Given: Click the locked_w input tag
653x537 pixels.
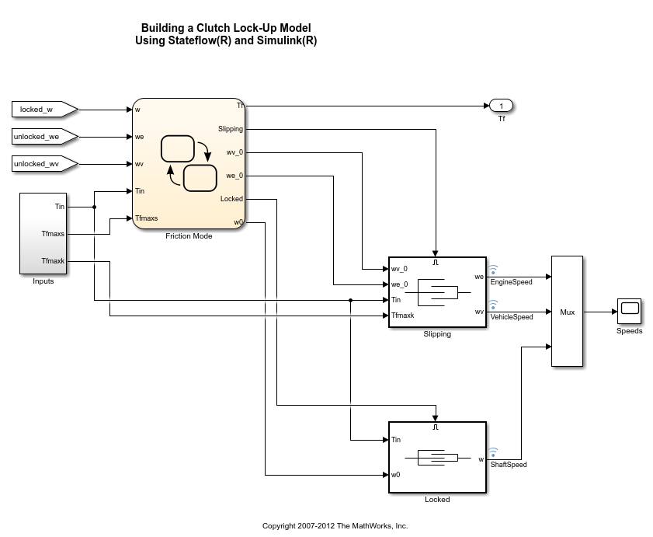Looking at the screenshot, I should click(x=43, y=110).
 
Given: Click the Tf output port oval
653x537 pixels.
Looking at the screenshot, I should click(x=502, y=106).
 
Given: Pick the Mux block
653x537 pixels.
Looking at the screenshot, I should click(x=567, y=311).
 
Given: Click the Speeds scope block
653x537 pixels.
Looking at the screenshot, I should click(x=629, y=311).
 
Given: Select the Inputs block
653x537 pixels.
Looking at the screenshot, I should click(x=43, y=233).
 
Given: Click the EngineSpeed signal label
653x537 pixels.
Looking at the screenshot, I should click(x=512, y=282).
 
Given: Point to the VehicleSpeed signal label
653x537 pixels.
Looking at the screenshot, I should click(x=512, y=317).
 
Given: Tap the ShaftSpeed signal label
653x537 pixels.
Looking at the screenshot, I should click(x=509, y=465).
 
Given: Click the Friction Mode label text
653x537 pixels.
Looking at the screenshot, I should click(x=189, y=236).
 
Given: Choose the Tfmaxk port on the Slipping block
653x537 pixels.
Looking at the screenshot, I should click(x=403, y=316).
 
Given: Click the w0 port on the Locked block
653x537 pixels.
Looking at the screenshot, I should click(x=396, y=475).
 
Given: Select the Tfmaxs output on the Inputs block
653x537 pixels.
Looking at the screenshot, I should click(x=54, y=233).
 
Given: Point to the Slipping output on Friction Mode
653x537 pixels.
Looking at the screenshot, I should click(x=231, y=129).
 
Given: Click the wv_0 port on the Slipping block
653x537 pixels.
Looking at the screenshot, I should click(x=399, y=269).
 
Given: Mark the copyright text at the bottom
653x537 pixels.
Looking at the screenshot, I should click(x=335, y=526).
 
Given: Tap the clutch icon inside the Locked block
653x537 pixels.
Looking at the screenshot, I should click(x=438, y=457).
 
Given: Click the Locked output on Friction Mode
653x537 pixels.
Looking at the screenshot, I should click(x=231, y=199).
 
